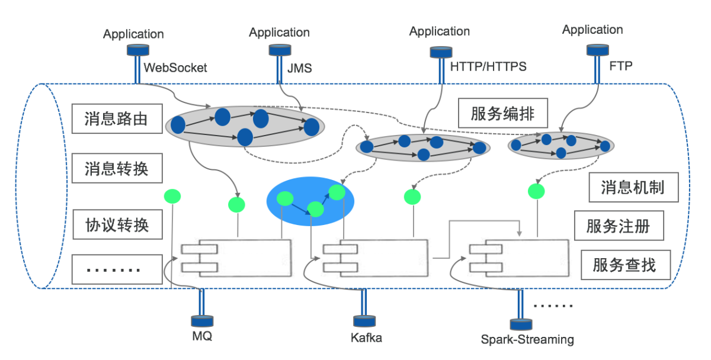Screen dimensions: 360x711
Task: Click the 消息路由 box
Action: point(116,120)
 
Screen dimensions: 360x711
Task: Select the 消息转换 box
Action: point(116,169)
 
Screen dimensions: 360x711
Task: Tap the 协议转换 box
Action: point(116,225)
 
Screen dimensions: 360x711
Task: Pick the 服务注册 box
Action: point(618,226)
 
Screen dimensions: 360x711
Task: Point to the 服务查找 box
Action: point(624,265)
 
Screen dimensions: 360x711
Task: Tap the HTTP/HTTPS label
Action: point(488,67)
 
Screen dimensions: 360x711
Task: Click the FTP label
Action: point(620,66)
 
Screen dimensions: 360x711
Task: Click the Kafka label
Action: point(366,338)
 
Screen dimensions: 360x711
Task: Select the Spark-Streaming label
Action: point(527,340)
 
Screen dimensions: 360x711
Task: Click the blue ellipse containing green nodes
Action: point(310,200)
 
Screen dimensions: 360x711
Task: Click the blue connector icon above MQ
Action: point(202,320)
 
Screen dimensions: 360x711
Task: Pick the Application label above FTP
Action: point(592,30)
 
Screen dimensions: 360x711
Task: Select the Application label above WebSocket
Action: point(133,34)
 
